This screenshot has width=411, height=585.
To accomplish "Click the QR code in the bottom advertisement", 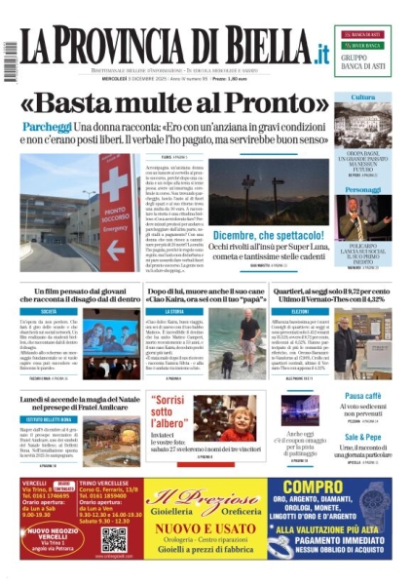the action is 114,540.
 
